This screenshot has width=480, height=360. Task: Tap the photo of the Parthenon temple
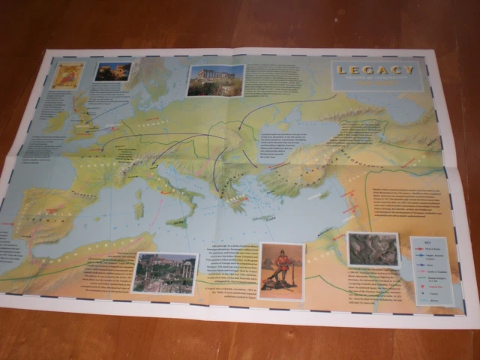(215, 80)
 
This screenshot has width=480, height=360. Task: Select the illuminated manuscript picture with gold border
(67, 76)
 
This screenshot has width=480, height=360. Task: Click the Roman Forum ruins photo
(163, 272)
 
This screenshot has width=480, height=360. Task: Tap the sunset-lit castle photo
(112, 71)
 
